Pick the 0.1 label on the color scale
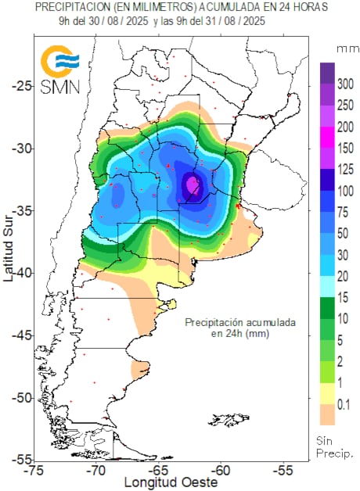click(x=343, y=405)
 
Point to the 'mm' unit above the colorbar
click(x=344, y=48)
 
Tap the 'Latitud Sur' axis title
click(x=7, y=251)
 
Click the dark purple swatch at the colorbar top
click(x=327, y=72)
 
